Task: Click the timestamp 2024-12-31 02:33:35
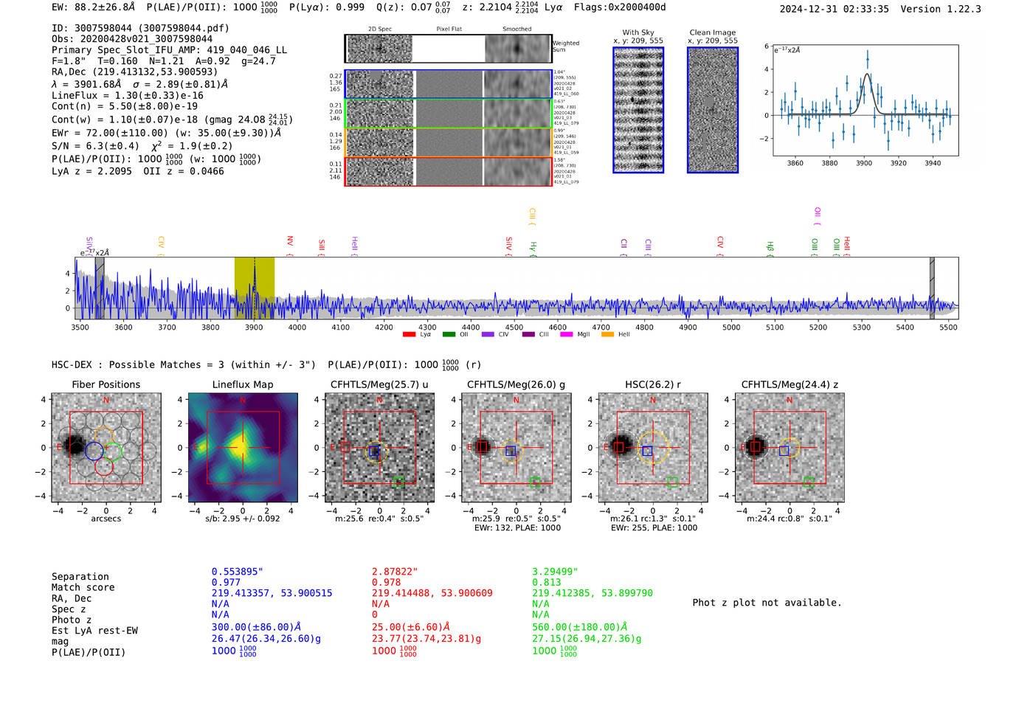pyautogui.click(x=834, y=9)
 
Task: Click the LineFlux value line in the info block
pyautogui.click(x=127, y=95)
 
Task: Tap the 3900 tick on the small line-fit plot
pyautogui.click(x=863, y=163)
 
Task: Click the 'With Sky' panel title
pyautogui.click(x=638, y=32)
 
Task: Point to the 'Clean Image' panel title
pyautogui.click(x=712, y=32)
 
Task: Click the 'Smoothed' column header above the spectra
pyautogui.click(x=516, y=29)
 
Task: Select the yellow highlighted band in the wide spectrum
pyautogui.click(x=254, y=288)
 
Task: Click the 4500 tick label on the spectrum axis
pyautogui.click(x=514, y=328)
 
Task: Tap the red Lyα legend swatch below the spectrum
pyautogui.click(x=409, y=335)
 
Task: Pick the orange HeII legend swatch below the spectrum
pyautogui.click(x=607, y=335)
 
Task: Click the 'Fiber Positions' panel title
pyautogui.click(x=106, y=384)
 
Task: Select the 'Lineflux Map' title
pyautogui.click(x=242, y=384)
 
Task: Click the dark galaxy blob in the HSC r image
pyautogui.click(x=620, y=446)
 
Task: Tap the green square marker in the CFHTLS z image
pyautogui.click(x=809, y=482)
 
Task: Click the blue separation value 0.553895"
pyautogui.click(x=237, y=572)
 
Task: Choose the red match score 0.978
pyautogui.click(x=386, y=582)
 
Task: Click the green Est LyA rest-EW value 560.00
pyautogui.click(x=578, y=627)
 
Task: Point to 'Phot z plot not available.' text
pyautogui.click(x=767, y=603)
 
